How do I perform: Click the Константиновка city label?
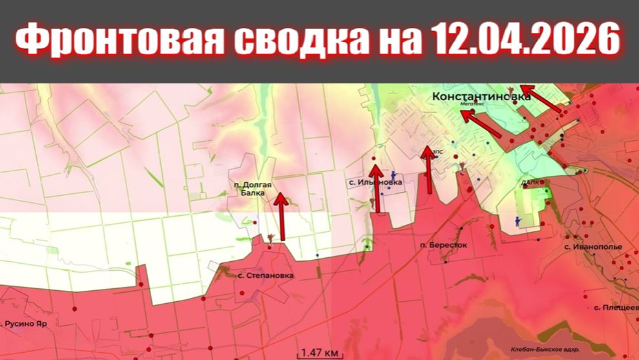tap(481, 96)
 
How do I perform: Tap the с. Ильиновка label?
tap(375, 182)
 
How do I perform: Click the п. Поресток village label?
tap(443, 246)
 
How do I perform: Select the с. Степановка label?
tap(266, 275)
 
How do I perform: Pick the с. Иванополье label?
tap(592, 247)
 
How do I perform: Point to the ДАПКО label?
tap(532, 183)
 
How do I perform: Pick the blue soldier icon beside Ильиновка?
tap(392, 175)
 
